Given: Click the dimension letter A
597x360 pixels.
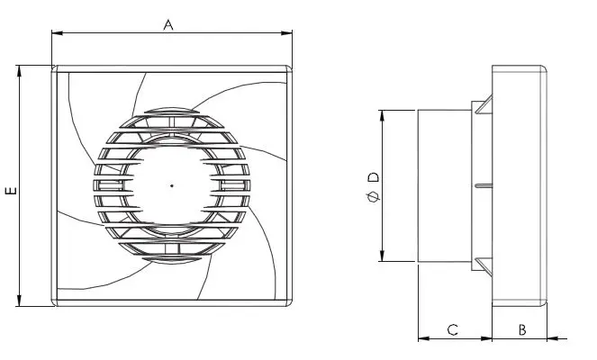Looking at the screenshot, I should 167,25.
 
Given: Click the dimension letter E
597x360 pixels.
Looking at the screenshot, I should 10,191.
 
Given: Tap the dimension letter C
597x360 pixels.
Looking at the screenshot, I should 454,330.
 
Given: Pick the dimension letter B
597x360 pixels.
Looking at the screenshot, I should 521,330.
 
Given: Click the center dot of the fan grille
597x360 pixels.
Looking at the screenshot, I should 171,186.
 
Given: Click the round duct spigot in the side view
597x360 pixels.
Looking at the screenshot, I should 445,186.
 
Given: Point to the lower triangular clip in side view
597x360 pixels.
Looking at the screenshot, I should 484,266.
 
